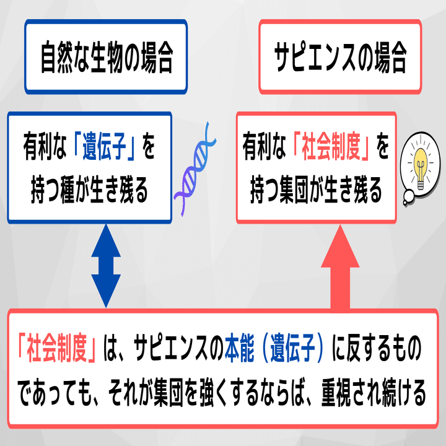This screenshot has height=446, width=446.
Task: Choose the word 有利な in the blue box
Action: click(46, 149)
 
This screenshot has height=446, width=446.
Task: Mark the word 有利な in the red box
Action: click(266, 149)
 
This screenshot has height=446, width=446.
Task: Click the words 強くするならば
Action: click(248, 392)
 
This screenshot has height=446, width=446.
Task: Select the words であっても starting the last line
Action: click(53, 392)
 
